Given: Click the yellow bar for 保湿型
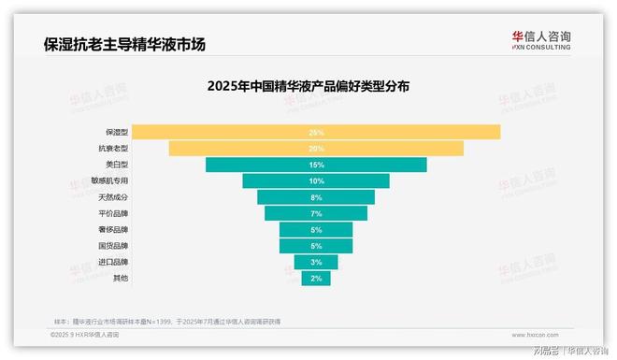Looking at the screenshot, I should pyautogui.click(x=316, y=132).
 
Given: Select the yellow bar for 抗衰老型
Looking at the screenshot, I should pyautogui.click(x=316, y=149).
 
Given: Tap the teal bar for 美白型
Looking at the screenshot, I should pyautogui.click(x=316, y=165).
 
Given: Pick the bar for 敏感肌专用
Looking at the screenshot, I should pyautogui.click(x=316, y=180).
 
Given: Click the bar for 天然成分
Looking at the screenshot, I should pyautogui.click(x=316, y=197).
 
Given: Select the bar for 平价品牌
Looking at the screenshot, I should pyautogui.click(x=316, y=213).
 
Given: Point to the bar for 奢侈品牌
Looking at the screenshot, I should pyautogui.click(x=316, y=229).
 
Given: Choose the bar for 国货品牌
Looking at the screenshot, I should pyautogui.click(x=316, y=246).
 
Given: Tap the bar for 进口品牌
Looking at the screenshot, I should pyautogui.click(x=316, y=262).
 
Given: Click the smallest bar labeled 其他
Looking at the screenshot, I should pyautogui.click(x=316, y=278).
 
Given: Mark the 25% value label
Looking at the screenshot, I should pyautogui.click(x=316, y=133).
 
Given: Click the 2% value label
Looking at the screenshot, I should pyautogui.click(x=316, y=279).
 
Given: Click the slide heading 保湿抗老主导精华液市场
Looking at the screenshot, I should pyautogui.click(x=123, y=44).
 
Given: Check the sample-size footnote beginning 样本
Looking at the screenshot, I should pyautogui.click(x=168, y=321).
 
